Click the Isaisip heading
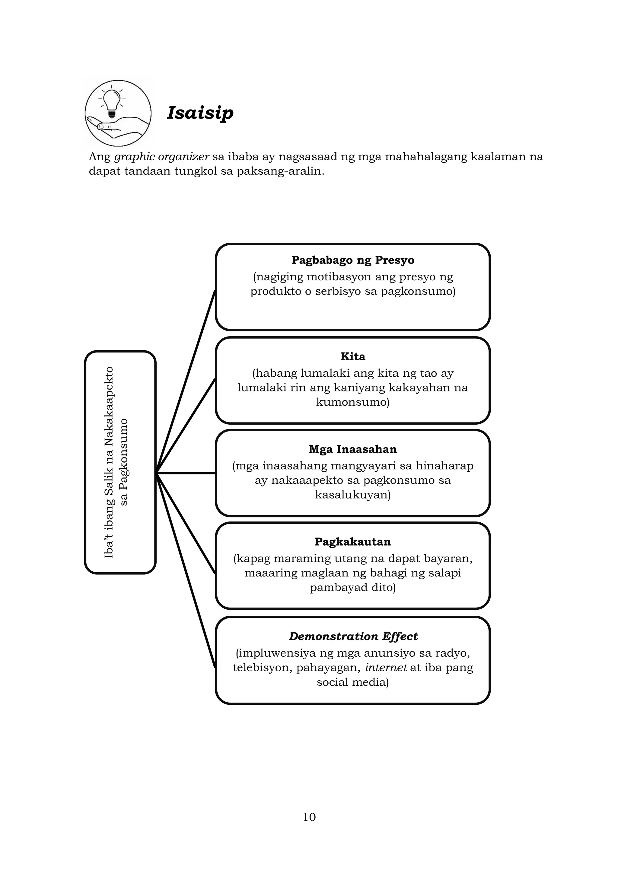tap(200, 113)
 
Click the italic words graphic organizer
tap(162, 156)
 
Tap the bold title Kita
tap(353, 356)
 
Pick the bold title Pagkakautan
tap(353, 542)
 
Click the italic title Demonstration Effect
tap(353, 636)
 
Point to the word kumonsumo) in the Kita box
tap(353, 402)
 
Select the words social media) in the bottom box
tap(353, 682)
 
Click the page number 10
tap(309, 817)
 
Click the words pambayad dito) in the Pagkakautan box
tap(353, 587)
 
